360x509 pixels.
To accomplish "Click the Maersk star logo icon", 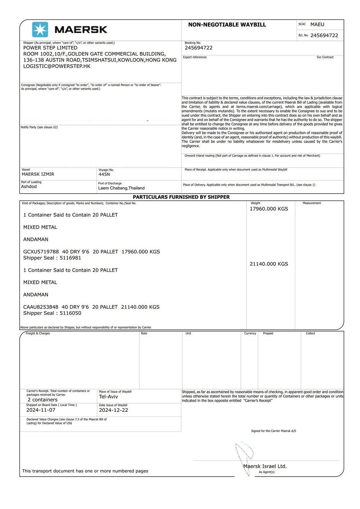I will click(40, 30).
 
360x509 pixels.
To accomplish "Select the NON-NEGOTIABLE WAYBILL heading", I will click(227, 25).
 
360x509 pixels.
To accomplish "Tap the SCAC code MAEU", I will click(317, 24).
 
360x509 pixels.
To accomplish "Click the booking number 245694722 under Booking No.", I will click(198, 48).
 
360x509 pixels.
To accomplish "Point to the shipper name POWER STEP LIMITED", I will click(50, 48).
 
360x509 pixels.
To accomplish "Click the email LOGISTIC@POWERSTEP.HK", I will click(57, 66).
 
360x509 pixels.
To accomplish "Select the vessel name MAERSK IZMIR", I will click(38, 174).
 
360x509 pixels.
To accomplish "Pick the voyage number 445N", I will click(104, 175).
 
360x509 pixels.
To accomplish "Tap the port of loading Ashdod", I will click(29, 186).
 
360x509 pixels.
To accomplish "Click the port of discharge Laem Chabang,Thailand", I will click(121, 188).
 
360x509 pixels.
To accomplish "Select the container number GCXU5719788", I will click(41, 252).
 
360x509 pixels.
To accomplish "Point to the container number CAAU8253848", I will click(41, 307).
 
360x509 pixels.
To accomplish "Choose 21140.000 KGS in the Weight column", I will click(269, 264).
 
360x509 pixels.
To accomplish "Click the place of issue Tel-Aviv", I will click(108, 397).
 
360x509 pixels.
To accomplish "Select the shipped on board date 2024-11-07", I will click(41, 410).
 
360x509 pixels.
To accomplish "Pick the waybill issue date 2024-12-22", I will click(113, 410).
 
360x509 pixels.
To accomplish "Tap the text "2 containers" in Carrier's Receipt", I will click(42, 400).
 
